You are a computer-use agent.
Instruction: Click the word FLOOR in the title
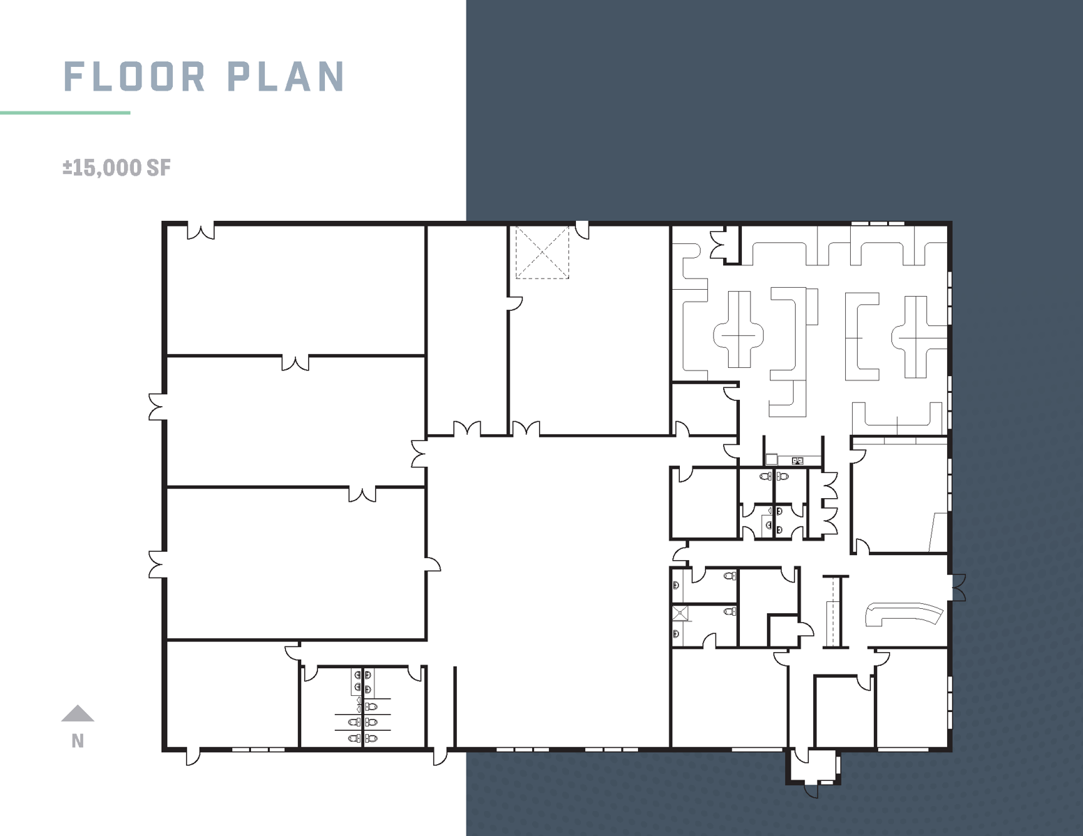pos(134,77)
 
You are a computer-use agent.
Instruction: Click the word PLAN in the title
pos(286,77)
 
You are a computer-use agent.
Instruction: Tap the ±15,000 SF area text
pos(116,168)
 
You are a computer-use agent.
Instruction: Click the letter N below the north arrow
pos(77,741)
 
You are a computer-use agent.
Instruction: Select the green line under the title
pos(66,113)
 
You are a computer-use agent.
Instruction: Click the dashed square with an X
pos(542,252)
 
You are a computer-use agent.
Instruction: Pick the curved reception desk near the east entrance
pos(902,613)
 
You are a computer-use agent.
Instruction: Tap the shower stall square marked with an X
pos(680,613)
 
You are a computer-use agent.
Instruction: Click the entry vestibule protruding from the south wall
pos(813,768)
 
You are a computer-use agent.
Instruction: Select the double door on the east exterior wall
pos(959,587)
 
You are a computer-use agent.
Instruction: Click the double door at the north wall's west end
pos(201,231)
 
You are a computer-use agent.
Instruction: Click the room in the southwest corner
pos(232,695)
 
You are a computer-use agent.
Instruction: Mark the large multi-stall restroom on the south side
pos(363,707)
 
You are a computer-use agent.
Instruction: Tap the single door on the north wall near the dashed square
pos(582,231)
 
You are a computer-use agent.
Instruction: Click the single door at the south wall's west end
pos(193,756)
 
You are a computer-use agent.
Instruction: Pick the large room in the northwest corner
pos(296,290)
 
